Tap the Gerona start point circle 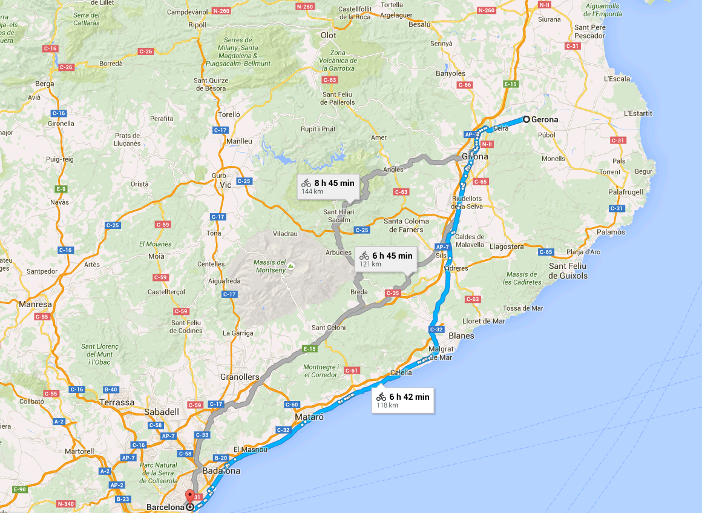tap(526, 119)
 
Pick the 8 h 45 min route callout tap(328, 186)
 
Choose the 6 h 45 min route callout tap(385, 259)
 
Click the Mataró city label tap(309, 417)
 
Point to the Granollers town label tap(240, 377)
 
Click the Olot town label tap(328, 36)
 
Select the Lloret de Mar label tap(484, 321)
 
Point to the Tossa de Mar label tap(523, 308)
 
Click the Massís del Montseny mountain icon tap(290, 265)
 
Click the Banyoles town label tap(451, 74)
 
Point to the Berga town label tap(45, 84)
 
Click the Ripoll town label tap(197, 25)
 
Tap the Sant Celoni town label tap(329, 328)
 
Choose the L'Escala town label tap(617, 79)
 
